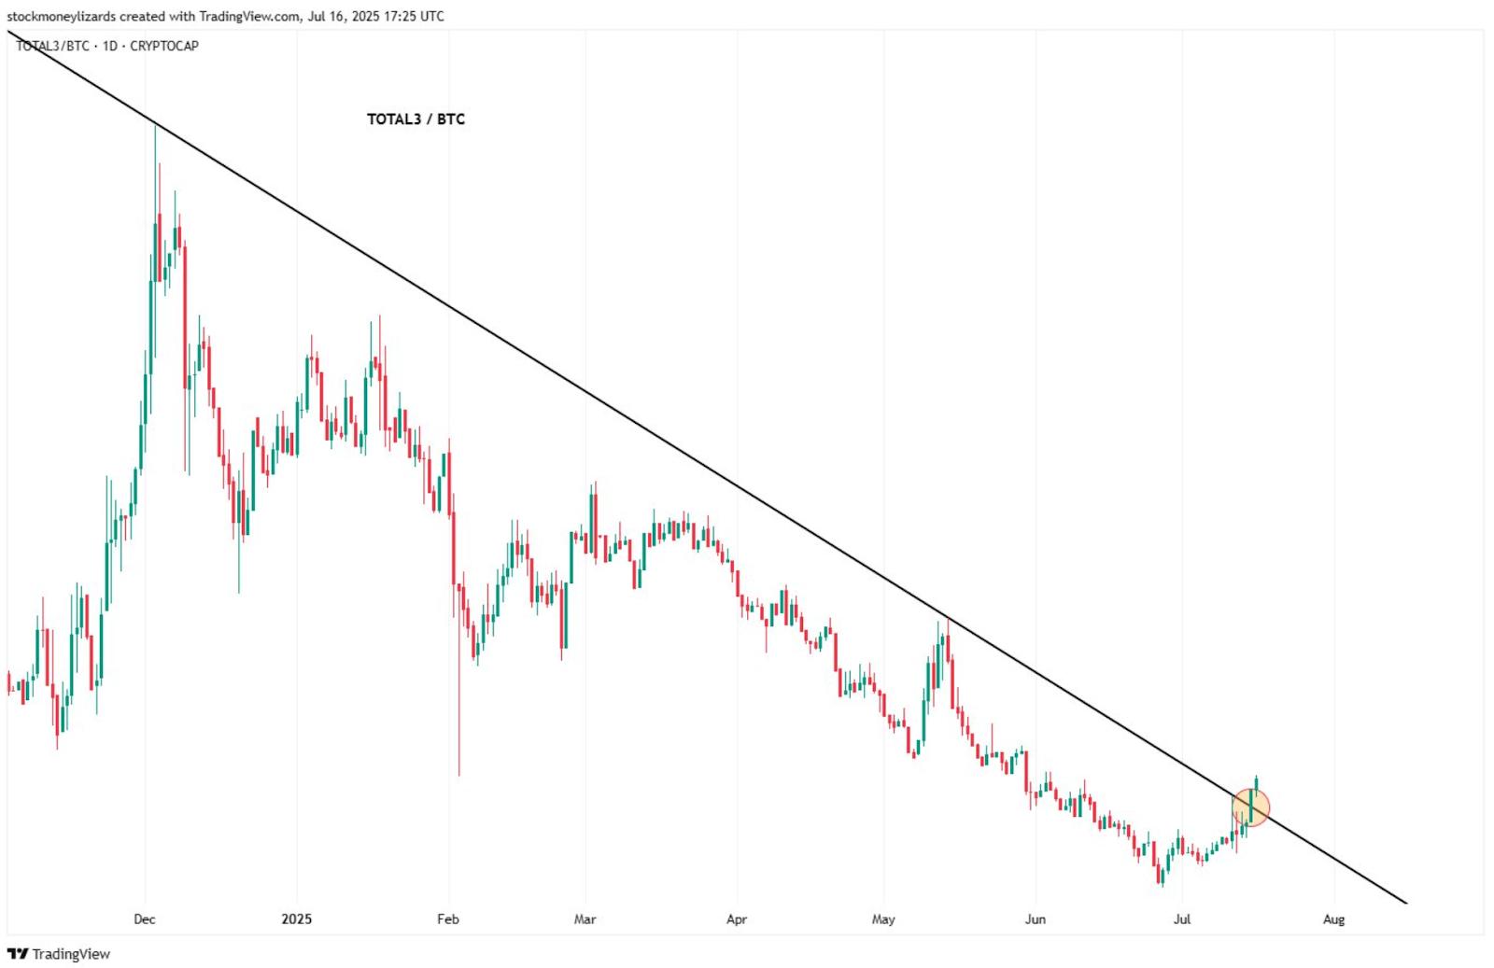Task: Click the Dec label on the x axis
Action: coord(145,919)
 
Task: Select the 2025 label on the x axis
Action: coord(297,919)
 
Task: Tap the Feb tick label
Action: coord(448,919)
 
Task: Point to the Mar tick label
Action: coord(585,919)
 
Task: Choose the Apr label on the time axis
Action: coord(737,919)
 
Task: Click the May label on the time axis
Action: coord(883,919)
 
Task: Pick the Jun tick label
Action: coord(1035,919)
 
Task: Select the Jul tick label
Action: coord(1182,919)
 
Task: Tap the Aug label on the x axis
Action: coord(1334,919)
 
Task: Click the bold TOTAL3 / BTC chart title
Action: coord(416,119)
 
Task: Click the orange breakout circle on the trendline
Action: coord(1251,807)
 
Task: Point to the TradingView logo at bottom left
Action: coord(59,954)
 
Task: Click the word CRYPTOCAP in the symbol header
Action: coord(164,46)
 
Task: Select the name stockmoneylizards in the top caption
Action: coord(62,16)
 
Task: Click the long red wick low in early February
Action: coord(459,773)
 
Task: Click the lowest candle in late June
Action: coord(1161,877)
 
